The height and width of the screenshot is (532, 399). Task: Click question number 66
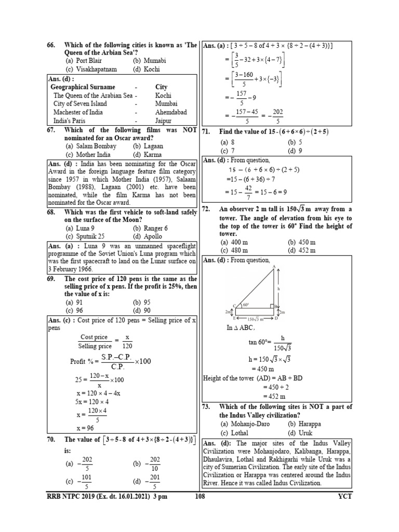[x=51, y=45]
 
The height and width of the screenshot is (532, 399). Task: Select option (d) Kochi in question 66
[x=146, y=69]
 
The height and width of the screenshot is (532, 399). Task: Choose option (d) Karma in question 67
[x=147, y=155]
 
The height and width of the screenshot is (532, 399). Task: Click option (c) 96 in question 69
[x=75, y=311]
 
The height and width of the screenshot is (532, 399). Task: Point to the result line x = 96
[x=84, y=428]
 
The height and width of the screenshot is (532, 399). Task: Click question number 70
[x=51, y=440]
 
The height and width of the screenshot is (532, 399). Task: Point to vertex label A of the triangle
[x=273, y=267]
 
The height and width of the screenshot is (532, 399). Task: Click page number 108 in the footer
[x=207, y=496]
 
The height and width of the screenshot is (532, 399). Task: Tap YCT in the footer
[x=344, y=496]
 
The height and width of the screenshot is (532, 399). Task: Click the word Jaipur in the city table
[x=163, y=121]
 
